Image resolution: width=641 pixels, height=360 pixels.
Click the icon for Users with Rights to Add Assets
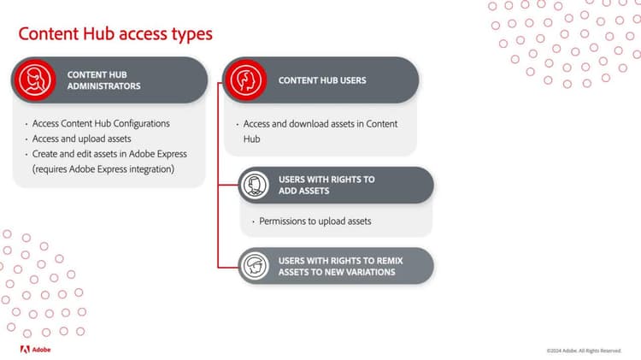tap(254, 185)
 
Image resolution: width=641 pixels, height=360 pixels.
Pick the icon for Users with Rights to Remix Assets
tap(254, 265)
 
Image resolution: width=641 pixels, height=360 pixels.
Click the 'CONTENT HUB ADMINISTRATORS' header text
tap(104, 80)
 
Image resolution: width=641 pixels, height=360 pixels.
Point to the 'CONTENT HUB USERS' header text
tap(322, 80)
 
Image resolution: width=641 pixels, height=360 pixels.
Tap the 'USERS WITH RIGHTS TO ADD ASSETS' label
tap(326, 185)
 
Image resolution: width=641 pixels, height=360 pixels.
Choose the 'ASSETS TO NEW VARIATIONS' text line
tap(337, 272)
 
